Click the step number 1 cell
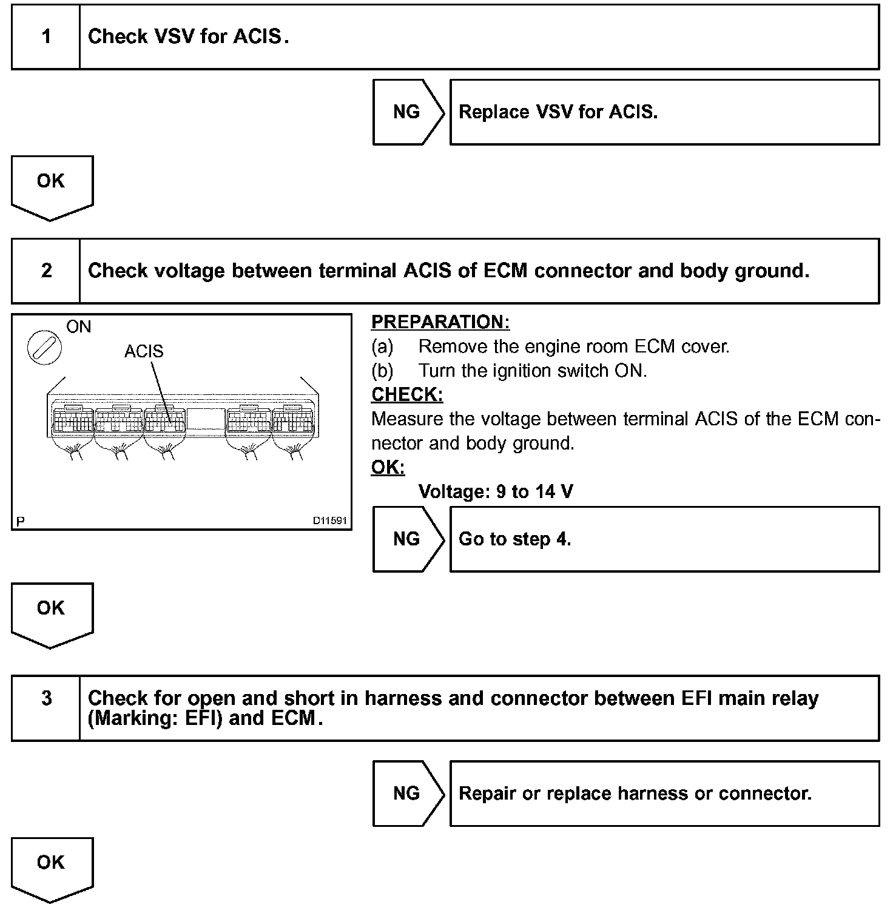46,37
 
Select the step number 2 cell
46,271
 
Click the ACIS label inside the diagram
144,351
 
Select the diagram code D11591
329,521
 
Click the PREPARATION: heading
440,322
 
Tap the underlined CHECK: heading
407,394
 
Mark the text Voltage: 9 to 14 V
496,491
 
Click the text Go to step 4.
514,539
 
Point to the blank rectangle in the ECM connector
206,419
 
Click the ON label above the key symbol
79,327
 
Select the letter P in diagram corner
21,521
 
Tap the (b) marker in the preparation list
382,371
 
